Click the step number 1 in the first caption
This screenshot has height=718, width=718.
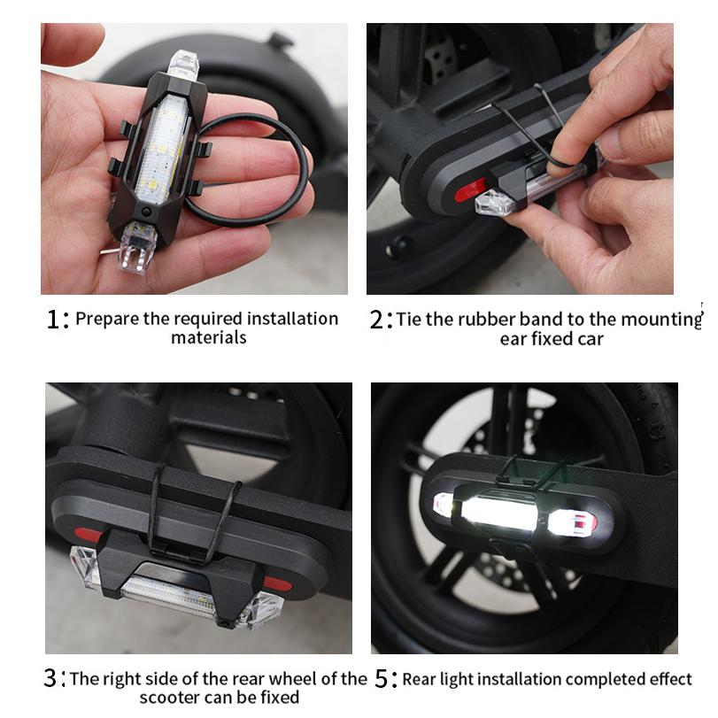click(x=52, y=320)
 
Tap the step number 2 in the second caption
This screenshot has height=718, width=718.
click(x=375, y=320)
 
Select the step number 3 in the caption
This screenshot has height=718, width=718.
click(x=50, y=680)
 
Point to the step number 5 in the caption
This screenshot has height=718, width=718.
click(x=382, y=680)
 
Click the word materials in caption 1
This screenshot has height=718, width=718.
click(x=209, y=337)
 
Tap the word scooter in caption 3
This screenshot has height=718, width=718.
click(x=171, y=699)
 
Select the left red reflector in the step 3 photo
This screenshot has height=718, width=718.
click(x=87, y=536)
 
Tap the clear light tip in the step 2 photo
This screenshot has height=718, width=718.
click(x=491, y=205)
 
